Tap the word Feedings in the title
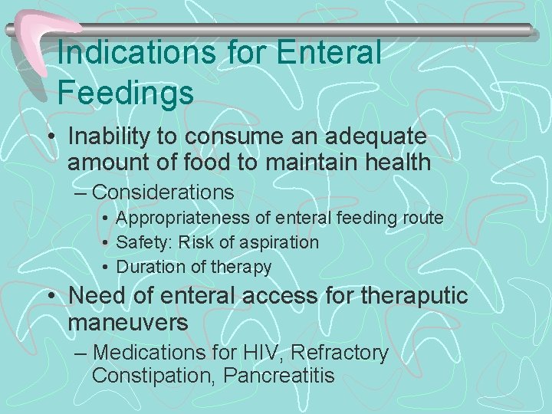coord(126,94)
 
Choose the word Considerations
coord(163,191)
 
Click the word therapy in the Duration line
coord(242,268)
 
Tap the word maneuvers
coord(128,323)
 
